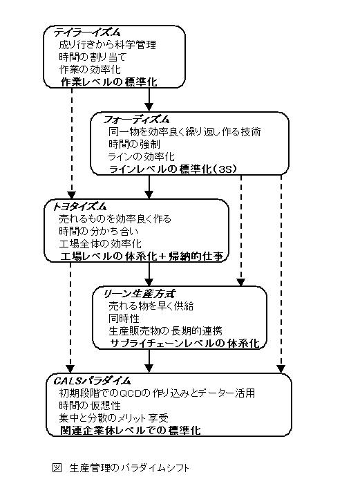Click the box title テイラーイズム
pyautogui.click(x=87, y=32)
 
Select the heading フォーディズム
pyautogui.click(x=136, y=119)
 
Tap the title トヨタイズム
pyautogui.click(x=79, y=206)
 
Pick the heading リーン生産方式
pyautogui.click(x=139, y=293)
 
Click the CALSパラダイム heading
pyautogui.click(x=92, y=380)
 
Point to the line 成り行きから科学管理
pyautogui.click(x=108, y=45)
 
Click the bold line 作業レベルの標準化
pyautogui.click(x=109, y=82)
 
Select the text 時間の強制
pyautogui.click(x=134, y=144)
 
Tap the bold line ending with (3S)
pyautogui.click(x=173, y=169)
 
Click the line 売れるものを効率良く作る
pyautogui.click(x=115, y=219)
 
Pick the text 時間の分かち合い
pyautogui.click(x=99, y=231)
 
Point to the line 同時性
pyautogui.click(x=124, y=318)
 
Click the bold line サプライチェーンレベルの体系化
pyautogui.click(x=184, y=344)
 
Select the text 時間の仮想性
pyautogui.click(x=90, y=405)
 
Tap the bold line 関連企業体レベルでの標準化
pyautogui.click(x=131, y=431)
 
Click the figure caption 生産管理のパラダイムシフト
pyautogui.click(x=129, y=468)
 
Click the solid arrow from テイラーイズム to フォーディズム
pyautogui.click(x=149, y=100)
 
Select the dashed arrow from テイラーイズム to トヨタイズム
pyautogui.click(x=72, y=143)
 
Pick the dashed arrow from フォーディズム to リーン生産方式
pyautogui.click(x=241, y=230)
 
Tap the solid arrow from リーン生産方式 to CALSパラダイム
pyautogui.click(x=149, y=361)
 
